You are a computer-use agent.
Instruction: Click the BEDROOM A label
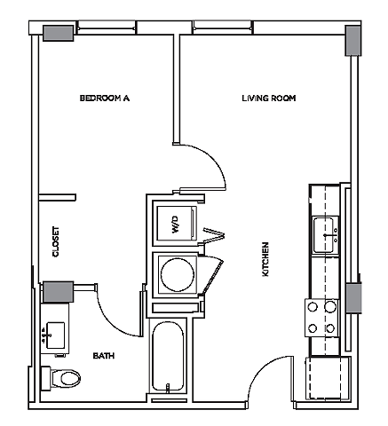pyautogui.click(x=105, y=98)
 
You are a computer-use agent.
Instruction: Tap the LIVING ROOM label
pyautogui.click(x=269, y=98)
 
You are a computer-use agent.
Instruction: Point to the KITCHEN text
pyautogui.click(x=265, y=259)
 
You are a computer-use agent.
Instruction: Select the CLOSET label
pyautogui.click(x=56, y=241)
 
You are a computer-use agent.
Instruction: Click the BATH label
pyautogui.click(x=104, y=355)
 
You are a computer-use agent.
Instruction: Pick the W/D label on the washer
pyautogui.click(x=176, y=225)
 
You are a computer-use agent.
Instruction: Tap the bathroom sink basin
pyautogui.click(x=56, y=335)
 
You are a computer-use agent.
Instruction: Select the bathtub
pyautogui.click(x=168, y=357)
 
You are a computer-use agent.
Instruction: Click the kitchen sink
pyautogui.click(x=326, y=235)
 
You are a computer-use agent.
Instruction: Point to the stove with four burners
pyautogui.click(x=321, y=318)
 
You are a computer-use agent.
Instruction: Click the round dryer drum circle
pyautogui.click(x=178, y=274)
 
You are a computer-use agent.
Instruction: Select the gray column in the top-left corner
pyautogui.click(x=59, y=33)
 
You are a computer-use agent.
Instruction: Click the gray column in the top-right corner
pyautogui.click(x=353, y=41)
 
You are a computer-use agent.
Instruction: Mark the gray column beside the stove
pyautogui.click(x=354, y=298)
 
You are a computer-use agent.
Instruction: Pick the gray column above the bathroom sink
pyautogui.click(x=59, y=292)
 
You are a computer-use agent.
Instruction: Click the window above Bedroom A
pyautogui.click(x=107, y=28)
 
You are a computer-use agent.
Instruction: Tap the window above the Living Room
pyautogui.click(x=223, y=28)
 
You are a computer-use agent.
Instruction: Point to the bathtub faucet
pyautogui.click(x=168, y=388)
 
